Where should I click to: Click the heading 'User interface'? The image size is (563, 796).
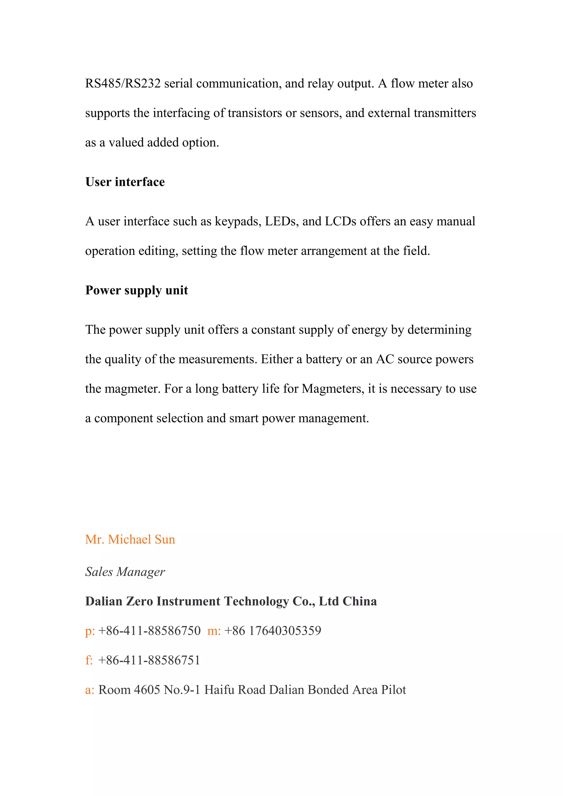coord(125,182)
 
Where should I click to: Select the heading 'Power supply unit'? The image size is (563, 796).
coord(137,290)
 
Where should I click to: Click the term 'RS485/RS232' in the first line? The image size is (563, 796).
coord(123,84)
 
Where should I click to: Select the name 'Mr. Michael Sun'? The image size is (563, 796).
coord(130,540)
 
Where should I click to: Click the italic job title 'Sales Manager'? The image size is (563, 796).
coord(125,572)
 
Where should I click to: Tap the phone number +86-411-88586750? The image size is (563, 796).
coord(150,631)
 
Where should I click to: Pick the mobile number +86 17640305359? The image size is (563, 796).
coord(273,631)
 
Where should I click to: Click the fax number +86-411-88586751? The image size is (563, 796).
coord(150,660)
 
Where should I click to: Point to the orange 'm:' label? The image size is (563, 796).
coord(214,631)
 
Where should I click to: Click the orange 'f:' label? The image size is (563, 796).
coord(89,660)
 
